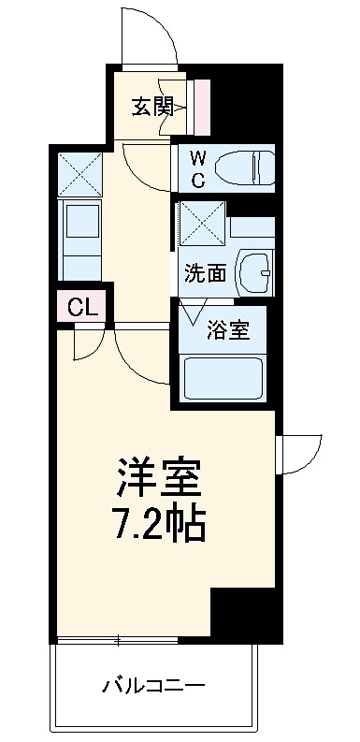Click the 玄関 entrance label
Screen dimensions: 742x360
tap(151, 108)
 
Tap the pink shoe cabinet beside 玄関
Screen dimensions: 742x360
tap(201, 107)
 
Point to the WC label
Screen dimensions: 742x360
tap(198, 168)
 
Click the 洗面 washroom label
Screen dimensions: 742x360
tap(205, 273)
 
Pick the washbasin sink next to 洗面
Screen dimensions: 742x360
tap(253, 272)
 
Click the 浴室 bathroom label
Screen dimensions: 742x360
tap(228, 330)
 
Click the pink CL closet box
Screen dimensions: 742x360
tap(81, 305)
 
